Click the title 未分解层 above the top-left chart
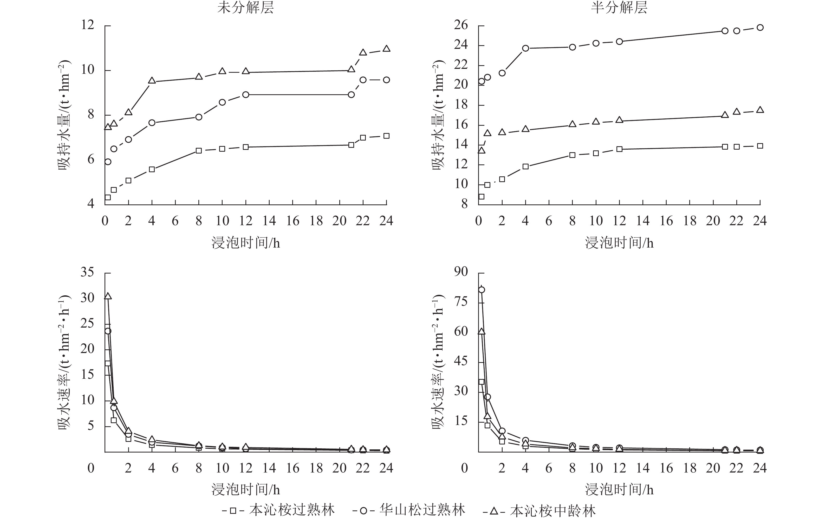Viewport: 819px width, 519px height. click(x=245, y=8)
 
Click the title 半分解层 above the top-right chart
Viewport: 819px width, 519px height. click(x=619, y=8)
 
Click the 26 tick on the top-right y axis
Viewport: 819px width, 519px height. click(x=461, y=25)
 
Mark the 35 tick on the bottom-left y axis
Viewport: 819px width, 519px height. click(x=87, y=272)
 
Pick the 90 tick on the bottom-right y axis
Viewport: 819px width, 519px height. click(x=461, y=272)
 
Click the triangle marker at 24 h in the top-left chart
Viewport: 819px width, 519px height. click(x=386, y=49)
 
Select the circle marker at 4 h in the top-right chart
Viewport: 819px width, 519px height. click(x=525, y=48)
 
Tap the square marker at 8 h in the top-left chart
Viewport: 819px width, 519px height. click(x=199, y=151)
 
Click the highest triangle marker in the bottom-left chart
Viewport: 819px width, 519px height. click(x=108, y=296)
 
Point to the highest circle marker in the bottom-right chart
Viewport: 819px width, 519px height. click(x=482, y=290)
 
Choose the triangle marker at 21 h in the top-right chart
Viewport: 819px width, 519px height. click(x=725, y=115)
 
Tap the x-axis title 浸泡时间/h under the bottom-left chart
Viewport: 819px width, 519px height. click(x=245, y=490)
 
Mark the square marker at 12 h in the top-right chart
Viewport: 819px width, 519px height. click(x=619, y=149)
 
